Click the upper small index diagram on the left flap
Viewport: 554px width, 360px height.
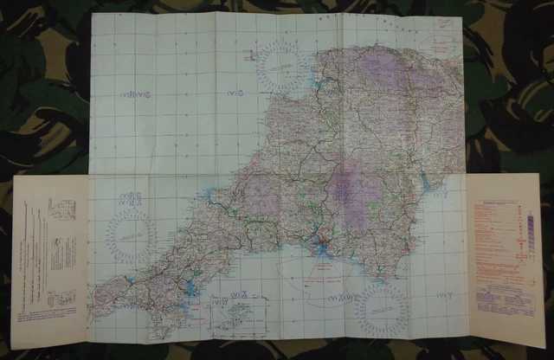[62, 209]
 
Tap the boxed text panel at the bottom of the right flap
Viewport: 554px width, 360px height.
[506, 303]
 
